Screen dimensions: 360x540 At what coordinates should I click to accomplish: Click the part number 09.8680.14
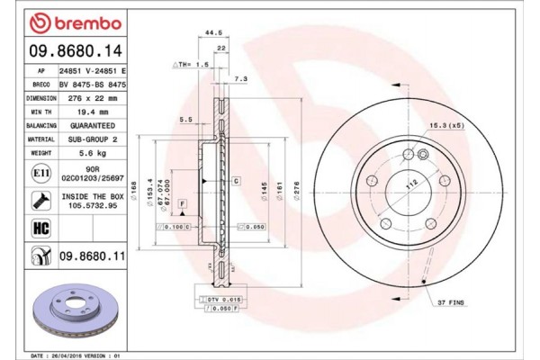point(64,52)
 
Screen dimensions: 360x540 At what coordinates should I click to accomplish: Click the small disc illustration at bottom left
point(67,310)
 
